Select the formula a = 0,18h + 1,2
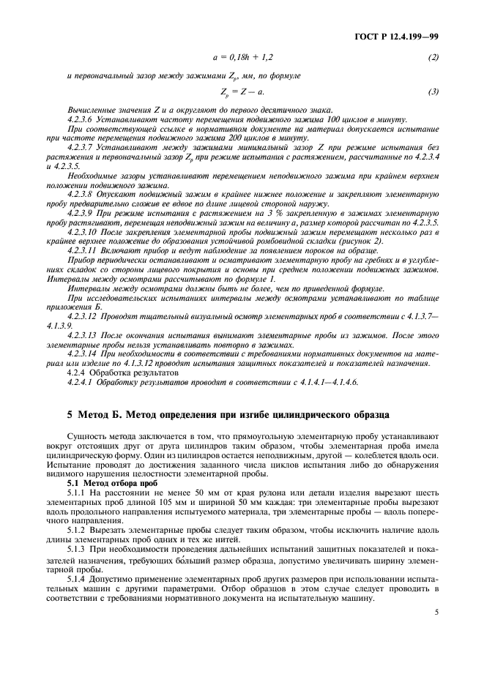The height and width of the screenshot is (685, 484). click(x=242, y=57)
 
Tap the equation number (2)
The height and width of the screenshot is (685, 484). click(x=433, y=57)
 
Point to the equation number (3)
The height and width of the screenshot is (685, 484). click(x=433, y=91)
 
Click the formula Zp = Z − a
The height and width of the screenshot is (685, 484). click(x=242, y=91)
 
